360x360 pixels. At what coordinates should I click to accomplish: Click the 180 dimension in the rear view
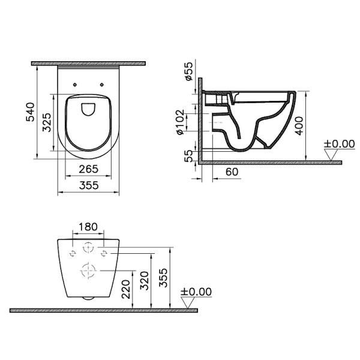coord(88,227)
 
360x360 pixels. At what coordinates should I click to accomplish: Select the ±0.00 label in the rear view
coord(196,292)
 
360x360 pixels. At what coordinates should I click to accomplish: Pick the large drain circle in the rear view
coord(88,271)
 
